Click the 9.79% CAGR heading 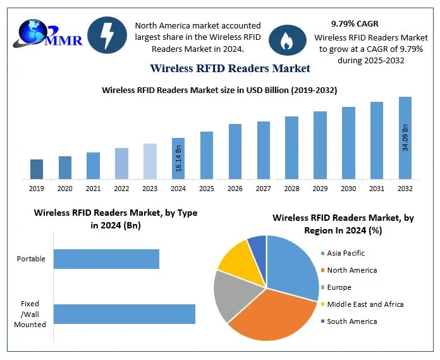(x=355, y=23)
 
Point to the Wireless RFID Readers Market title (x=230, y=68)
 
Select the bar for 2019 (x=37, y=169)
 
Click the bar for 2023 (x=150, y=161)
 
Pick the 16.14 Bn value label (x=178, y=158)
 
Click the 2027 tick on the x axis (x=263, y=189)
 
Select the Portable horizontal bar (x=106, y=259)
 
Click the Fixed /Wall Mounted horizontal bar (x=124, y=314)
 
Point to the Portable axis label (x=31, y=259)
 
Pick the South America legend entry (x=352, y=321)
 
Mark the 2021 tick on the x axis (x=93, y=189)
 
